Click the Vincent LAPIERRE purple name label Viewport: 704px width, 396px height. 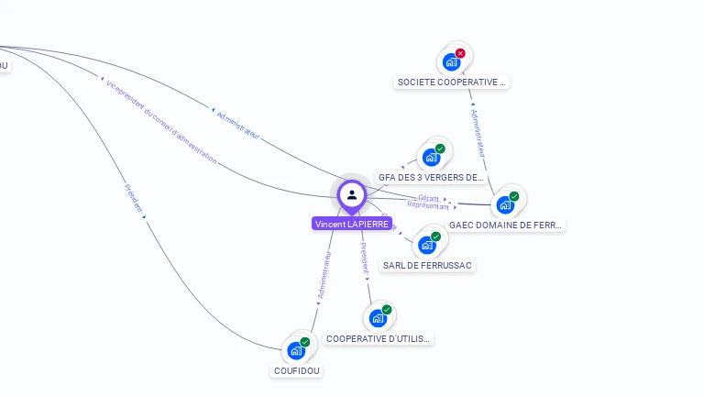pyautogui.click(x=352, y=224)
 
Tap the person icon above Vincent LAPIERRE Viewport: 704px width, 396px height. pyautogui.click(x=352, y=194)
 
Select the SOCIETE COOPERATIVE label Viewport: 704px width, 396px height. pyautogui.click(x=451, y=82)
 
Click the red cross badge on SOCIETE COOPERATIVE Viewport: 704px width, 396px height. pyautogui.click(x=460, y=53)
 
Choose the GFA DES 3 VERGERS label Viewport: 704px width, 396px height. pyautogui.click(x=431, y=178)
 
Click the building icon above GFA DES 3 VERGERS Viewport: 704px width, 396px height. pyautogui.click(x=431, y=157)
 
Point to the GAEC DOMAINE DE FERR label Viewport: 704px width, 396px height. pyautogui.click(x=506, y=225)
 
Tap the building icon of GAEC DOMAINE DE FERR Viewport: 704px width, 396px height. pyautogui.click(x=504, y=204)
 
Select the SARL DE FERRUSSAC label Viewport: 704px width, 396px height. pyautogui.click(x=427, y=265)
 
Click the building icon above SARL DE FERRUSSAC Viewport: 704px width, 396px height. pyautogui.click(x=426, y=245)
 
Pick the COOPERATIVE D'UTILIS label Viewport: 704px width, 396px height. pyautogui.click(x=378, y=338)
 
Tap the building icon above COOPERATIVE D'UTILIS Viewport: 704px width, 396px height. pyautogui.click(x=377, y=318)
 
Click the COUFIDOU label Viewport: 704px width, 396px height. pyautogui.click(x=298, y=370)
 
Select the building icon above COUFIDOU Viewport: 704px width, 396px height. pyautogui.click(x=295, y=350)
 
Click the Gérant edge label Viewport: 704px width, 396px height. pyautogui.click(x=428, y=198)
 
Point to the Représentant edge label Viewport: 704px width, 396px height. pyautogui.click(x=428, y=206)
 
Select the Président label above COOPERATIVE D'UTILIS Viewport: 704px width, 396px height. pyautogui.click(x=364, y=259)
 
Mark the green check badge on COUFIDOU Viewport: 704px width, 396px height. pyautogui.click(x=305, y=342)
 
